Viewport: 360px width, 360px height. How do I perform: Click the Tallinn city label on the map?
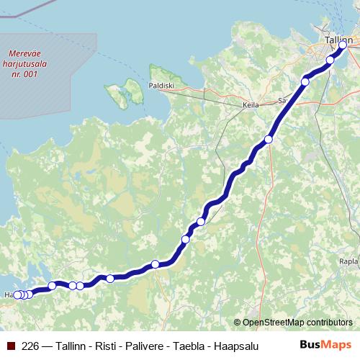pyautogui.click(x=338, y=41)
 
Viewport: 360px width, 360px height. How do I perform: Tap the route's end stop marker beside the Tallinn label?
pyautogui.click(x=343, y=46)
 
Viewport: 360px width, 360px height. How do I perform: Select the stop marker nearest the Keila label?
pyautogui.click(x=305, y=81)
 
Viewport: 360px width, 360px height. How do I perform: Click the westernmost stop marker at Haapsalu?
pyautogui.click(x=17, y=294)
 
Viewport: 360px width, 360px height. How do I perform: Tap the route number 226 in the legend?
pyautogui.click(x=31, y=345)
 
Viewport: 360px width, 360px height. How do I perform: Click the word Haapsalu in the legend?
pyautogui.click(x=235, y=345)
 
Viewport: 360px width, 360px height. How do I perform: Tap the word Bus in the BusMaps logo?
pyautogui.click(x=310, y=344)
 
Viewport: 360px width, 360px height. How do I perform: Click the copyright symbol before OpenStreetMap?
pyautogui.click(x=238, y=323)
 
